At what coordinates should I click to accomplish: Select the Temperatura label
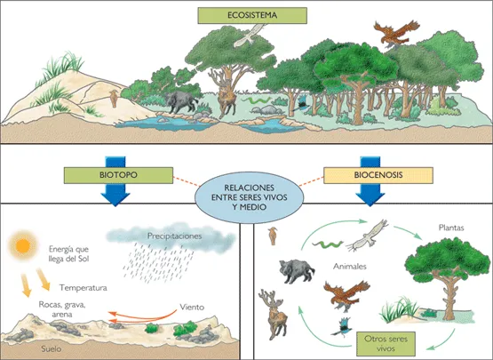pyautogui.click(x=83, y=288)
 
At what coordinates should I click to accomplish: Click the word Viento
pyautogui.click(x=193, y=308)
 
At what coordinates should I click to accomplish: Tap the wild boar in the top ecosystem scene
pyautogui.click(x=181, y=100)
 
